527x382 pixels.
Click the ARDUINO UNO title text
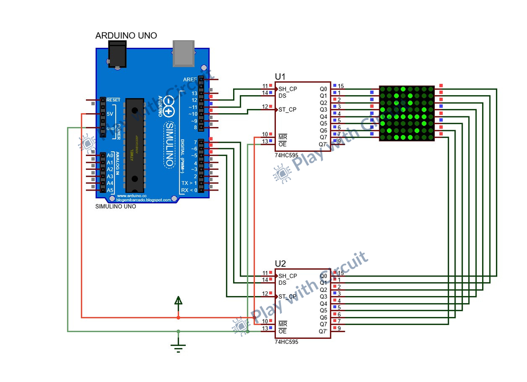coord(126,36)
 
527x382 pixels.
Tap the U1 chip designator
coord(280,76)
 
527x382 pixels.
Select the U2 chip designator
coord(280,264)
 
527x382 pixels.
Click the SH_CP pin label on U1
coord(288,89)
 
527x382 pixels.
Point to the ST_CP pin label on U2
coord(288,297)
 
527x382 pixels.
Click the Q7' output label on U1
coord(323,144)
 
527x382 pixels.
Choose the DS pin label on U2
coord(283,283)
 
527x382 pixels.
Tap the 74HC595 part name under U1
coord(286,154)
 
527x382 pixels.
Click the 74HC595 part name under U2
coord(286,342)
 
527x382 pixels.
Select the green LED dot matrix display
coord(407,113)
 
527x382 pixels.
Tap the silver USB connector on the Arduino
coord(183,54)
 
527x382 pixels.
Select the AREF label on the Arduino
coord(190,79)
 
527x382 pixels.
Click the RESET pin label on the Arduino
coord(113,100)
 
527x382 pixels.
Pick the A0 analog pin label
coord(110,155)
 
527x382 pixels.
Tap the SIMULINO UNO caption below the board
coord(116,206)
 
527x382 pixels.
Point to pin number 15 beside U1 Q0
coord(341,86)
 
